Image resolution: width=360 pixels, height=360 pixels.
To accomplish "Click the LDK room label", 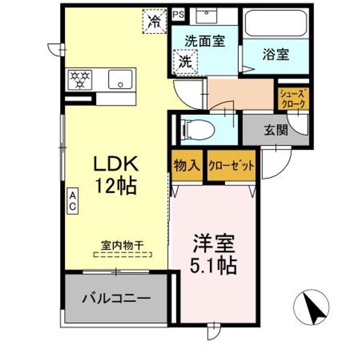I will pos(116,164).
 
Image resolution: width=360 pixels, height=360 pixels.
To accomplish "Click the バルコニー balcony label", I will pos(116,298).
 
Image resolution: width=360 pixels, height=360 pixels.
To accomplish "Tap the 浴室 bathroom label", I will pos(275,54).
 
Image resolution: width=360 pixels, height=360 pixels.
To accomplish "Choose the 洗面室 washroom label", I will pos(204,41).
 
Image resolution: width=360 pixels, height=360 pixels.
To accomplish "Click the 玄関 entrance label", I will pos(275,130).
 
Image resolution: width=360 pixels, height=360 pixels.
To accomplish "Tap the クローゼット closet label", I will pos(231,165).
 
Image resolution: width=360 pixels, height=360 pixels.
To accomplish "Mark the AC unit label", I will pos(72,200).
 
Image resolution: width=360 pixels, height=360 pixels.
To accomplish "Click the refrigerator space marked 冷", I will pos(155,21).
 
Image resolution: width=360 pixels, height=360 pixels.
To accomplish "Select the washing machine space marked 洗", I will pos(185,62).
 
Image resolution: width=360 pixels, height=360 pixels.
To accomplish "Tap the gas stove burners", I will pos(81,79).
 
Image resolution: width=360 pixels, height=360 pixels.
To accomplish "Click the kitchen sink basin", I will pos(120,79).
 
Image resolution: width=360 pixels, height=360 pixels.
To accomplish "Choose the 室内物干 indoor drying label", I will pos(122,245).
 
